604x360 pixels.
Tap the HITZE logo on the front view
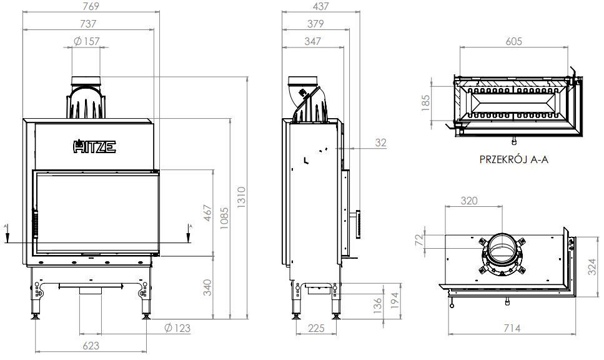[95, 147]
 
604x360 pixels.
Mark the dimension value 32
[380, 142]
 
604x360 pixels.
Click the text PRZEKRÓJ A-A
[513, 159]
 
